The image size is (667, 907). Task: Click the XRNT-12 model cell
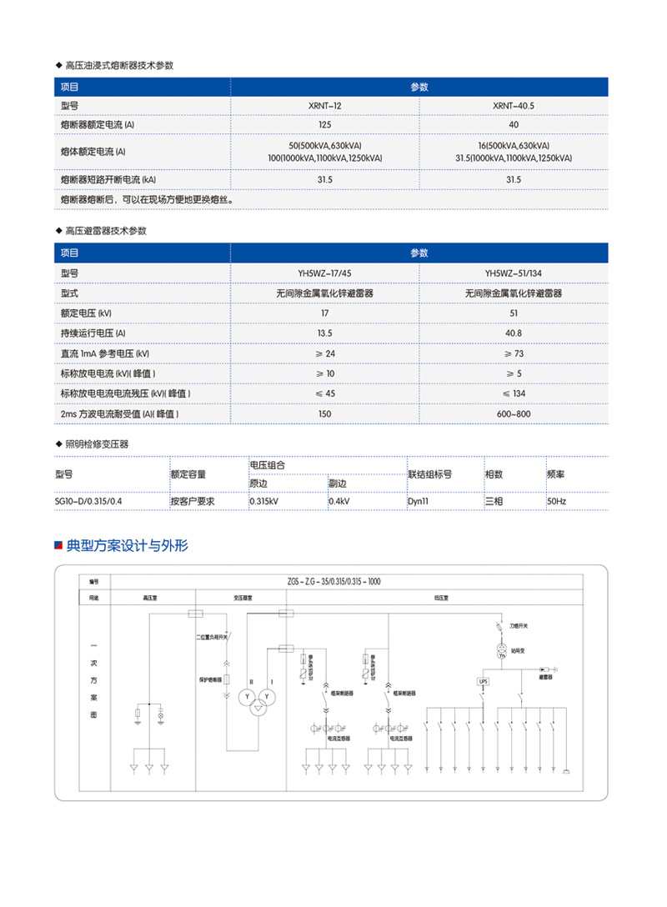point(324,106)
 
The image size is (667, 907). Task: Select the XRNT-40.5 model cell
point(513,106)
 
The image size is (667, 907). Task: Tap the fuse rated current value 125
point(324,124)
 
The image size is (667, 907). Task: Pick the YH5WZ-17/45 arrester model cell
point(324,273)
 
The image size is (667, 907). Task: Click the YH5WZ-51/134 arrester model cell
point(513,273)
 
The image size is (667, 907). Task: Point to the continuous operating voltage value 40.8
point(513,333)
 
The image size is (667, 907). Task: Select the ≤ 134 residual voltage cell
point(513,393)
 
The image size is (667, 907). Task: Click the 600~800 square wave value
point(513,413)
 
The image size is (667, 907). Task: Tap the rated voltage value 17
point(324,313)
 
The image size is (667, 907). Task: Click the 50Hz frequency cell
point(556,502)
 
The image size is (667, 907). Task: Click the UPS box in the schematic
point(483,682)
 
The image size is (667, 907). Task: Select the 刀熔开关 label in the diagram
point(518,624)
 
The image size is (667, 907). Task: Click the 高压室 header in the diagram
point(151,597)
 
